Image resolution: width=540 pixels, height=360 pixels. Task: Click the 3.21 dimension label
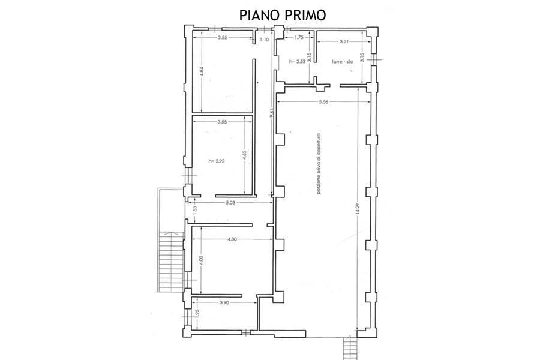click(x=344, y=41)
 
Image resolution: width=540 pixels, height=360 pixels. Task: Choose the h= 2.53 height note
click(x=298, y=61)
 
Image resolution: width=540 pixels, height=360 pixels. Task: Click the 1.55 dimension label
click(x=195, y=211)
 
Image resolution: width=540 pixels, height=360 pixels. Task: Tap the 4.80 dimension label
click(x=233, y=239)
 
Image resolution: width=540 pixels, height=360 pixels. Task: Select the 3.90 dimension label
click(x=225, y=302)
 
